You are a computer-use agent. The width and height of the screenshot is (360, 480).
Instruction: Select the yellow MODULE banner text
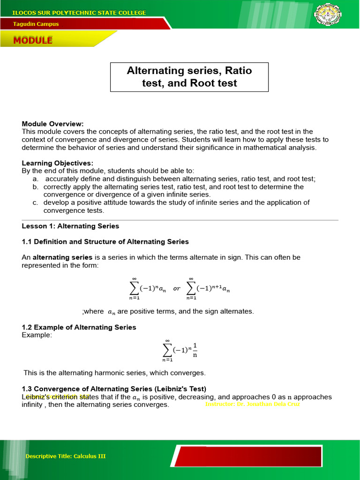[33, 40]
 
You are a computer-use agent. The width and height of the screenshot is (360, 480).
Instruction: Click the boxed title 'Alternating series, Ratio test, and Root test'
[189, 77]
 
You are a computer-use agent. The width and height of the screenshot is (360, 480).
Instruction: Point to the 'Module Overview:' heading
[53, 124]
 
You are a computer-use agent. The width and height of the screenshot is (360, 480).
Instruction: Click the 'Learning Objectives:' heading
[57, 163]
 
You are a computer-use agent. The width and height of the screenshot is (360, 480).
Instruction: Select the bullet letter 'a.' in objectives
[36, 179]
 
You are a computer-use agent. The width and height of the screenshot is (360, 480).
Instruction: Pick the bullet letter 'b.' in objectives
[36, 187]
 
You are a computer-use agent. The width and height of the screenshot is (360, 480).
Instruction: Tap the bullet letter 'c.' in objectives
[36, 202]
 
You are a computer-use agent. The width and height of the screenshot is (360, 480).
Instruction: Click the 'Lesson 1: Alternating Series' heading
[70, 226]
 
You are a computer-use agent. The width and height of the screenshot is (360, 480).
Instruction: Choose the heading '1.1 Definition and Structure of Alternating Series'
[105, 242]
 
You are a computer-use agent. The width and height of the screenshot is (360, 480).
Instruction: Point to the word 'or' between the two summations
[177, 289]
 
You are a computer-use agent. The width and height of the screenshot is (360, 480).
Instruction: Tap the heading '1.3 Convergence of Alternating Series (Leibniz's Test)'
[114, 389]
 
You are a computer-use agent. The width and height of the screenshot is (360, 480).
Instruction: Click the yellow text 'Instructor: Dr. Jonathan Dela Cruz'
[252, 404]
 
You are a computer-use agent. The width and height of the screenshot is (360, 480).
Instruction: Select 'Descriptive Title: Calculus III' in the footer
[66, 456]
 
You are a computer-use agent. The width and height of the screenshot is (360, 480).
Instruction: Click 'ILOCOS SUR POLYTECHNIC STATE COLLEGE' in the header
[79, 13]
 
